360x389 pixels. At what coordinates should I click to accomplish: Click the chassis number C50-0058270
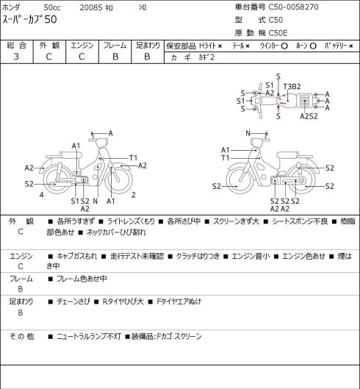pyautogui.click(x=294, y=7)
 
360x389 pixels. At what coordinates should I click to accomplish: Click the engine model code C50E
pyautogui.click(x=278, y=33)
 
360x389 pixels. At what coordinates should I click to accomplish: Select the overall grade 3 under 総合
pyautogui.click(x=16, y=57)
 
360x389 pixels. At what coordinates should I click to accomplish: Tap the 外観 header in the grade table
pyautogui.click(x=49, y=46)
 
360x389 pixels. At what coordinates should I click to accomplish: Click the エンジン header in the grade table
pyautogui.click(x=82, y=46)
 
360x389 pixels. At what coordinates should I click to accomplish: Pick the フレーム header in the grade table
pyautogui.click(x=115, y=46)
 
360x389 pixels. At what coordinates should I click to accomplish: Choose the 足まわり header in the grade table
pyautogui.click(x=148, y=46)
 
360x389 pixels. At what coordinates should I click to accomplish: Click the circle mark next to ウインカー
pyautogui.click(x=284, y=46)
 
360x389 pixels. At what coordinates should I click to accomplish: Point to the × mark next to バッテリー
pyautogui.click(x=351, y=46)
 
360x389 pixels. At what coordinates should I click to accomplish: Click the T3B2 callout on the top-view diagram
pyautogui.click(x=292, y=87)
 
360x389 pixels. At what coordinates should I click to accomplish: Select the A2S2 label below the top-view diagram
pyautogui.click(x=309, y=116)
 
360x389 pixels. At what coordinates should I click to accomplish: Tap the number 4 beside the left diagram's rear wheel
pyautogui.click(x=42, y=195)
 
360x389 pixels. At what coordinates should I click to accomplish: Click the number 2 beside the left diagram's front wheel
pyautogui.click(x=134, y=195)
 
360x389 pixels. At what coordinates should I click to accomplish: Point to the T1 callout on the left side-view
pyautogui.click(x=134, y=158)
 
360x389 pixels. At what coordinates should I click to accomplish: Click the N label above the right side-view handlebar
pyautogui.click(x=248, y=133)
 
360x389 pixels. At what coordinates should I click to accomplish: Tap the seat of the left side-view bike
pyautogui.click(x=71, y=155)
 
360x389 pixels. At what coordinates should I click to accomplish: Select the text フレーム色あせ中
pyautogui.click(x=82, y=279)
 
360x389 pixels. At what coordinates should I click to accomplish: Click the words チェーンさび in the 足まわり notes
pyautogui.click(x=73, y=301)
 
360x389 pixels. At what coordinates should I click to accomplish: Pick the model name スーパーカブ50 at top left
pyautogui.click(x=29, y=19)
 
